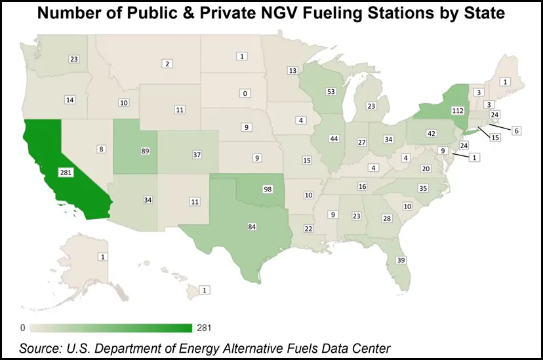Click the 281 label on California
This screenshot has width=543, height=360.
click(65, 172)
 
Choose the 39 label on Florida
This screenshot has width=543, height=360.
click(401, 260)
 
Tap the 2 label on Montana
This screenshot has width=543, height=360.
click(168, 64)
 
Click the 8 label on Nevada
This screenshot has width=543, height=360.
click(102, 150)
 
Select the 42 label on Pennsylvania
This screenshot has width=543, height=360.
click(431, 133)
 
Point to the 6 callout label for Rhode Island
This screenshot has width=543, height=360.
click(516, 131)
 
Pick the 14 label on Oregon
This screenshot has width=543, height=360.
click(70, 100)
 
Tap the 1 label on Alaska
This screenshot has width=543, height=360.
click(102, 256)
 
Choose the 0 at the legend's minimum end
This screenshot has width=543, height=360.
click(23, 327)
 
